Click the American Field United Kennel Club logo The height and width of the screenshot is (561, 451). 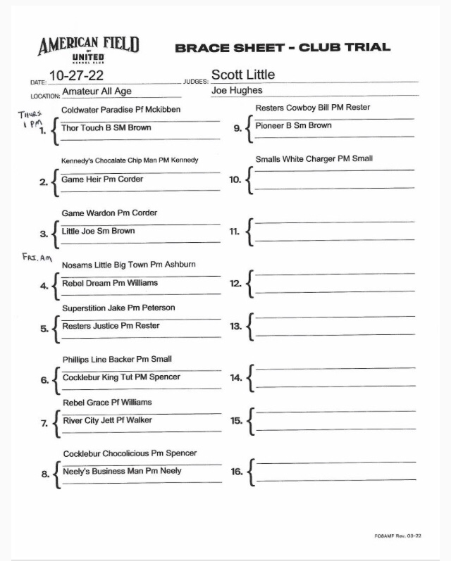tap(88, 50)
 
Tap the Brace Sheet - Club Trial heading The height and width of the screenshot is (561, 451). tap(282, 47)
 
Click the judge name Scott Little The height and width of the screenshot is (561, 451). tap(243, 75)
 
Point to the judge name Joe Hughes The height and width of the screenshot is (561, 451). tap(237, 90)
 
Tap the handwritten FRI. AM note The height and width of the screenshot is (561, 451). tap(37, 258)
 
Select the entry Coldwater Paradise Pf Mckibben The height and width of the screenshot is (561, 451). tap(121, 110)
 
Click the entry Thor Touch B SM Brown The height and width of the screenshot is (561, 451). tap(106, 128)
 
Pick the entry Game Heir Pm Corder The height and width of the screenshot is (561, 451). tap(102, 179)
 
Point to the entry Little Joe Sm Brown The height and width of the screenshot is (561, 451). tap(99, 231)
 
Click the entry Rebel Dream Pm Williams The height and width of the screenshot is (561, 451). tap(110, 283)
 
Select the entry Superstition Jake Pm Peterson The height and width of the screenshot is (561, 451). tap(118, 308)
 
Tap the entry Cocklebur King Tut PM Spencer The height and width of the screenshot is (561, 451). tap(121, 377)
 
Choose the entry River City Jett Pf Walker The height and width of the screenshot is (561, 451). tap(107, 420)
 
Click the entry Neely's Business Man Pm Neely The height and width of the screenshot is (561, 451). tap(122, 471)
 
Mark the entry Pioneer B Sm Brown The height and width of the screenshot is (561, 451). tap(293, 126)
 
